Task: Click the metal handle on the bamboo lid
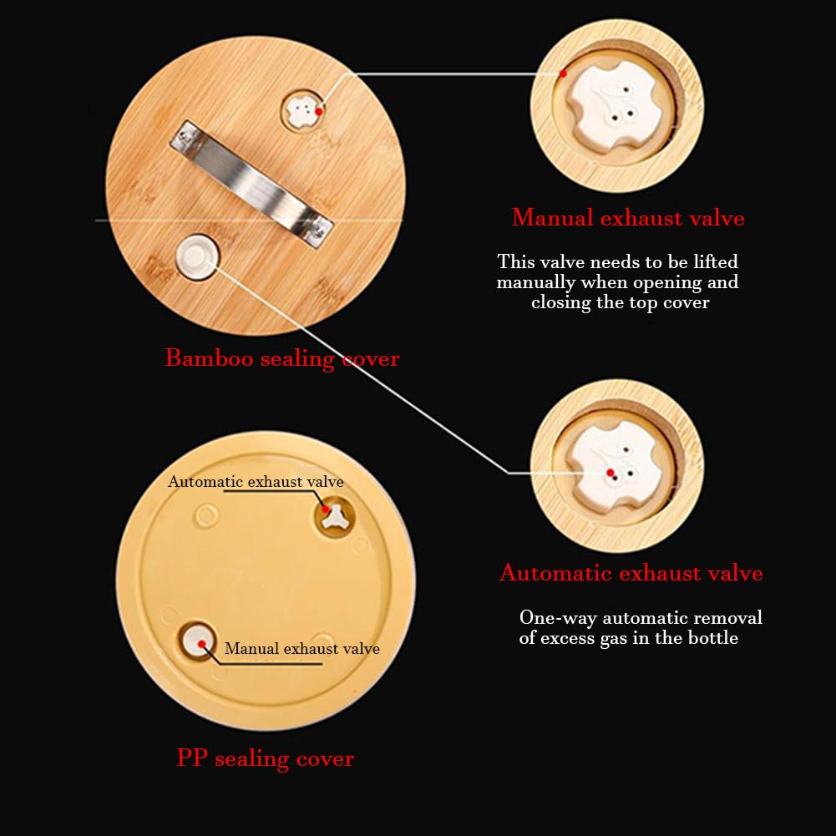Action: pos(251,184)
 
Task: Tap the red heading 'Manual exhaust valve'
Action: pos(628,217)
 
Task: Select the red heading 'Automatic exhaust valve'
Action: pos(631,573)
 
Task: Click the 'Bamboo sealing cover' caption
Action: pos(282,357)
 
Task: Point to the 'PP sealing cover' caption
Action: pos(265,758)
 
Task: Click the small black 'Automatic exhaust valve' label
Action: pos(256,481)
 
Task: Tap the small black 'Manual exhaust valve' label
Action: pos(302,648)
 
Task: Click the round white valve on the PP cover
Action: pos(198,641)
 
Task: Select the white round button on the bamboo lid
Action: pos(197,256)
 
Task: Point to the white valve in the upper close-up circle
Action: pos(614,105)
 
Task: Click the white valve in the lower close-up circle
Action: pos(614,467)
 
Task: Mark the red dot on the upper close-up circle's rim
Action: pos(563,73)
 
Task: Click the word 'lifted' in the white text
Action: pos(716,261)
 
